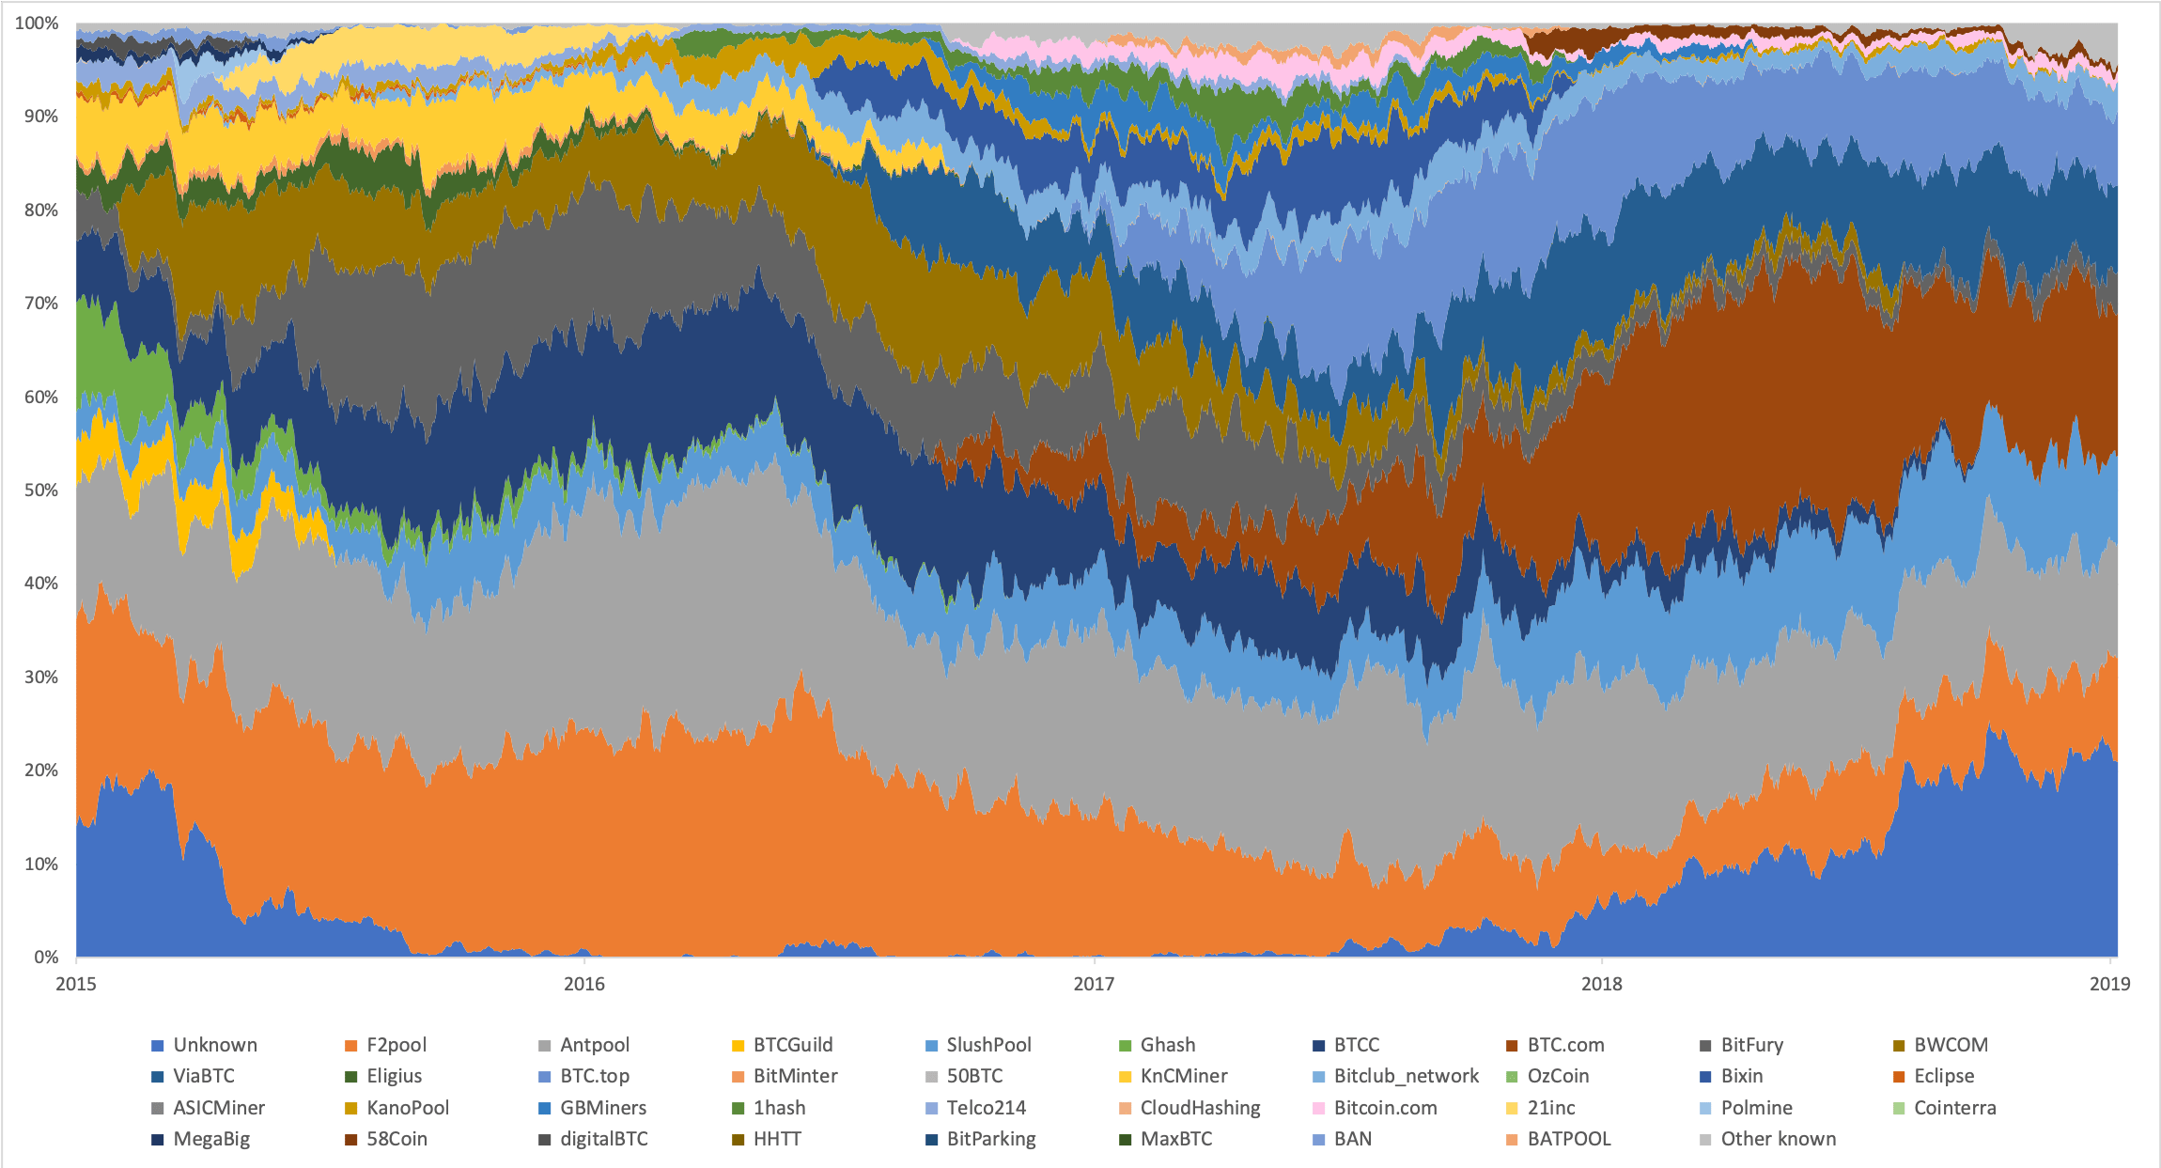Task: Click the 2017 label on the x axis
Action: click(1093, 984)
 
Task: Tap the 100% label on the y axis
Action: click(37, 23)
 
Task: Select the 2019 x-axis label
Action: click(2109, 984)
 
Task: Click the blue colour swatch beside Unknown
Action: click(158, 1046)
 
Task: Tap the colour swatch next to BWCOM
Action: click(1899, 1046)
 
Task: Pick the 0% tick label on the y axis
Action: click(46, 957)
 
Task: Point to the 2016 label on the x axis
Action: click(583, 984)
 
